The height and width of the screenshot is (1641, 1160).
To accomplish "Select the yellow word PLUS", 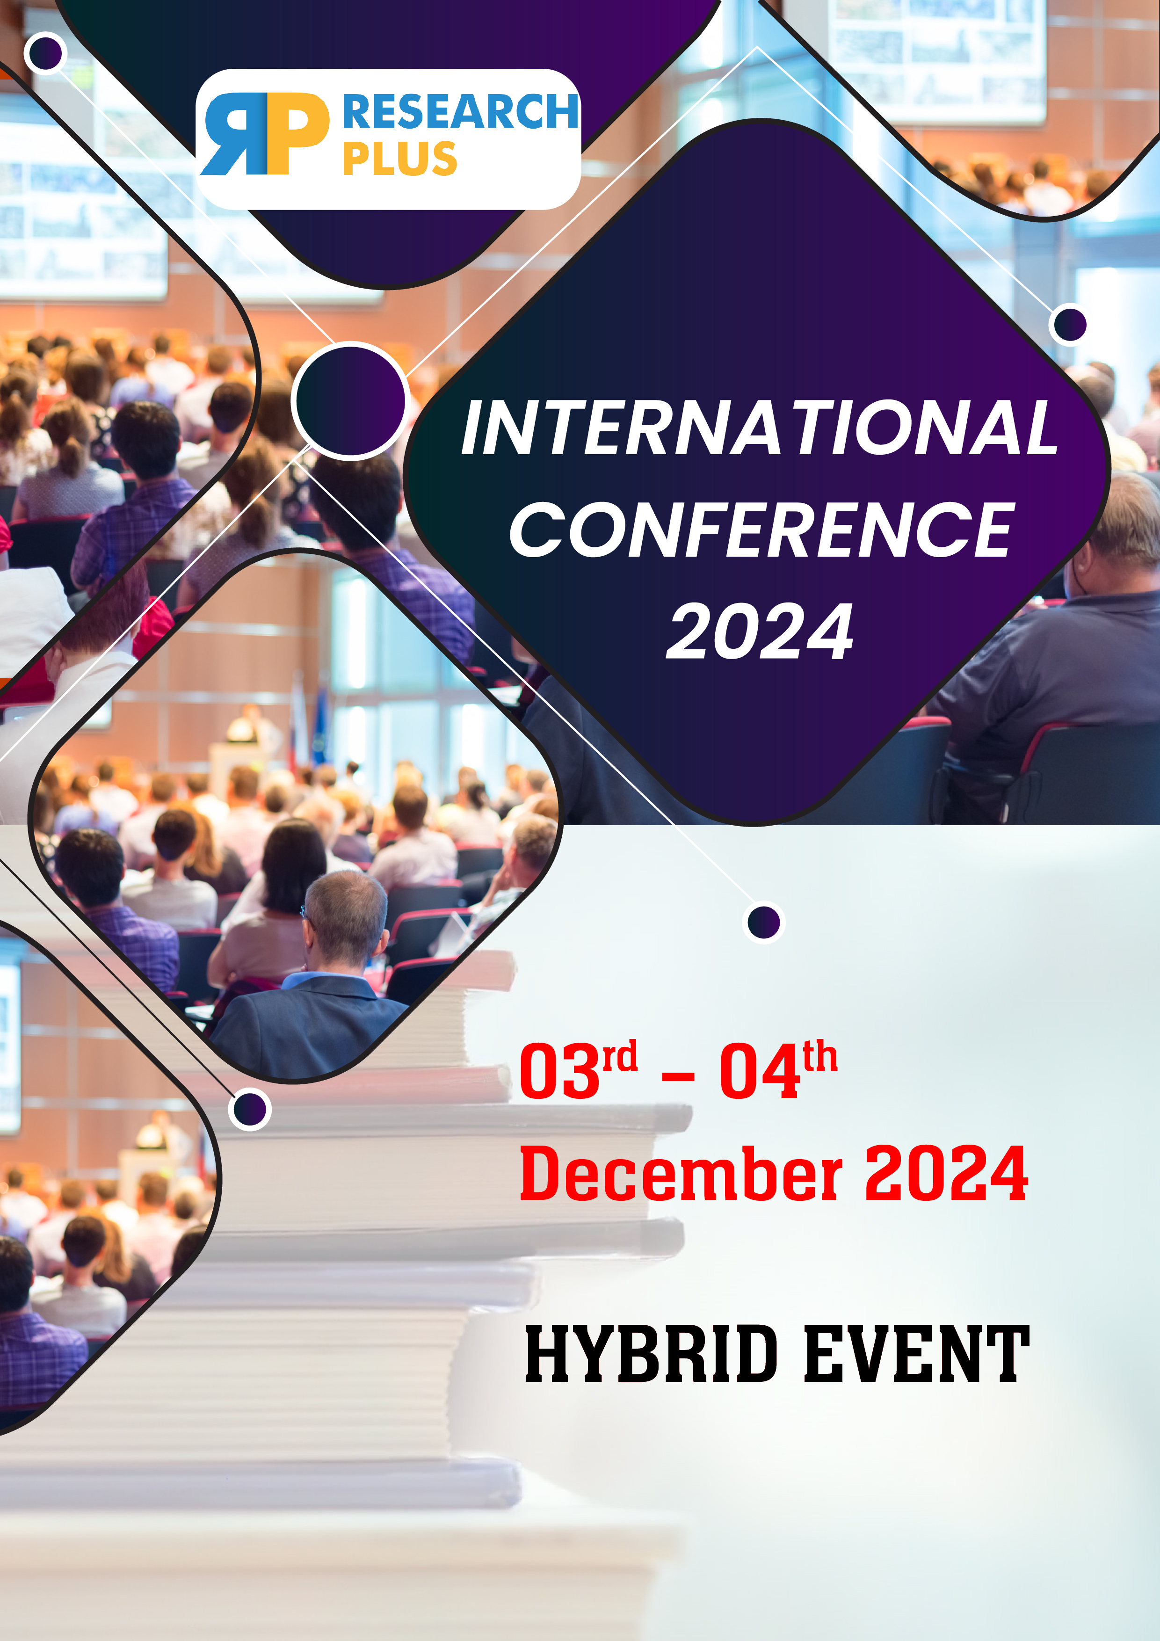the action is coord(399,158).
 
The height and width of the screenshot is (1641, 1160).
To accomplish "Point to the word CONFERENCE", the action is coord(762,529).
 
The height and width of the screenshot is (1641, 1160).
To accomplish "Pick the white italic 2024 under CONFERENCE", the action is coord(760,631).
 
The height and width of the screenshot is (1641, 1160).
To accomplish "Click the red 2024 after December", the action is coord(946,1173).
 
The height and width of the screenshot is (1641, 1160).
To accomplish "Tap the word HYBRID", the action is coord(651,1353).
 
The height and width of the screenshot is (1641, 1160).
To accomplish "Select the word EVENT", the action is coord(917,1353).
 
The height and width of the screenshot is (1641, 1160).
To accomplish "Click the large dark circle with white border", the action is coord(350,400).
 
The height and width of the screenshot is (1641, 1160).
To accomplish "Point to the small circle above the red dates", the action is coord(764,922).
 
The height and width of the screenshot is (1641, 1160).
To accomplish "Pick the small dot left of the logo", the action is coord(46,53).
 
